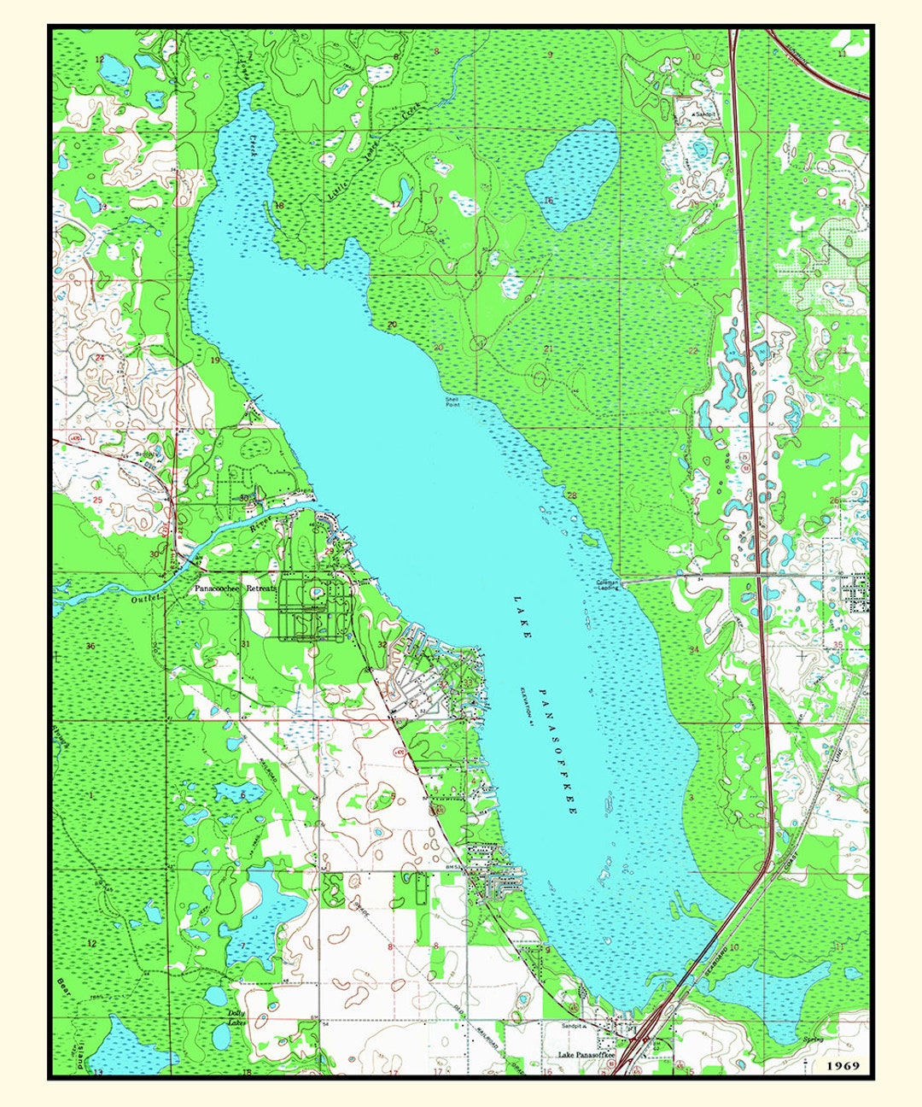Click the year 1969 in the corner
pos(843,1065)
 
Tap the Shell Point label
pos(452,401)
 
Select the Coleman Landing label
pos(607,584)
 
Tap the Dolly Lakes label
pos(236,1017)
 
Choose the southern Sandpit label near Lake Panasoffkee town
pos(573,1025)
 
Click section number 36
pos(90,645)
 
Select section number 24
pos(99,357)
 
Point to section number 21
pos(548,348)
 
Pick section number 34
pos(694,650)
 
